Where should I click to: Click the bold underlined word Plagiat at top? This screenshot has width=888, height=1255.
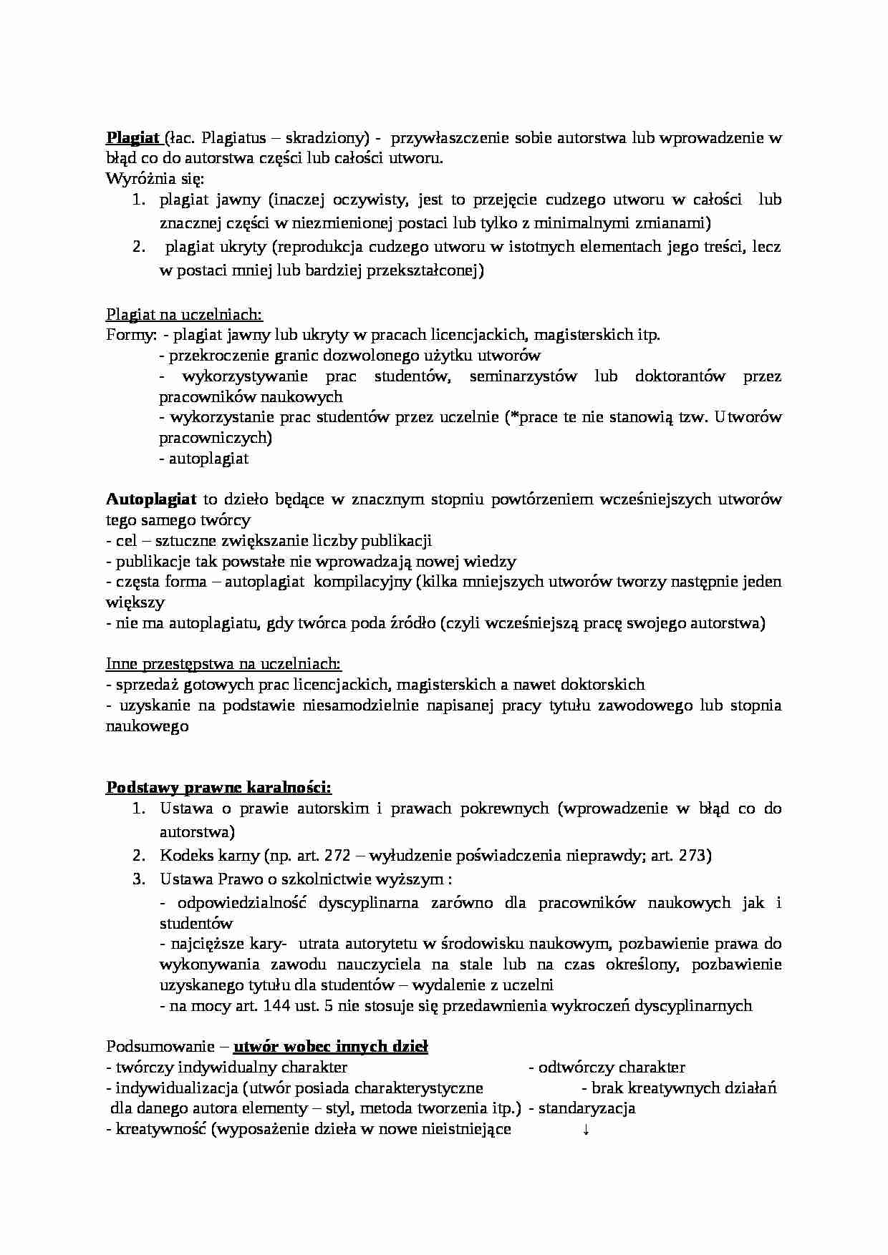[x=132, y=137]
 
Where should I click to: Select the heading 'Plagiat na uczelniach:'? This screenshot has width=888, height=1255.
[x=184, y=314]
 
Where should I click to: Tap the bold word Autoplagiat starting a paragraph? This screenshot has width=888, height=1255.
[x=151, y=499]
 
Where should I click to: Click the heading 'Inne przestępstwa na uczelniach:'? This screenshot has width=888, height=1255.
[x=223, y=663]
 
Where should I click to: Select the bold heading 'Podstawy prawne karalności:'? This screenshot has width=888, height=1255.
[x=218, y=788]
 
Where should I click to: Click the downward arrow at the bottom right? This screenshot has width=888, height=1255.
[x=586, y=1130]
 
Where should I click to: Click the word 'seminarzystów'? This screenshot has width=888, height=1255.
[x=523, y=376]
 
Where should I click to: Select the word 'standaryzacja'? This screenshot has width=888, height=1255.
[x=587, y=1109]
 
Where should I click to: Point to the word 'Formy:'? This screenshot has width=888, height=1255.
[x=131, y=335]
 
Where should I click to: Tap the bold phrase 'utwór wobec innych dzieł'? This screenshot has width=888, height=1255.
[x=331, y=1048]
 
